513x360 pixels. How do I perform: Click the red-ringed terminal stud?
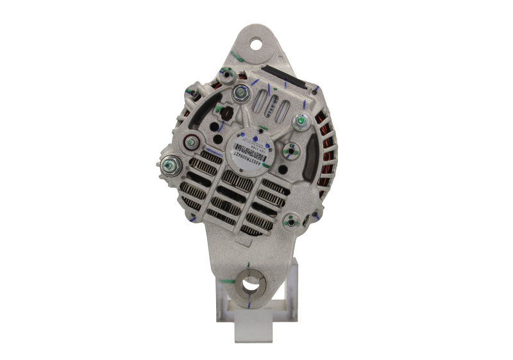(x=190, y=142)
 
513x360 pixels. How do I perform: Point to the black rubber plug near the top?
(x=226, y=114)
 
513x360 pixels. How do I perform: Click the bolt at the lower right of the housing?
(x=293, y=222)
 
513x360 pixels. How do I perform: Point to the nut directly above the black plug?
(x=241, y=93)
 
